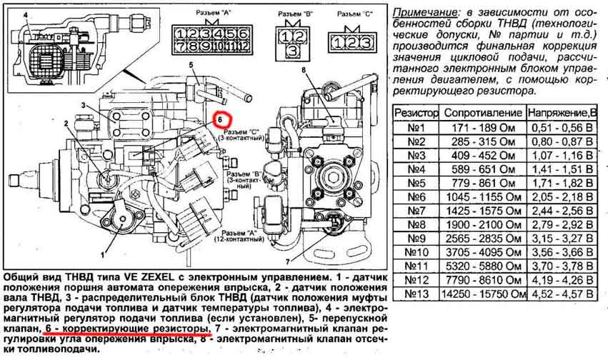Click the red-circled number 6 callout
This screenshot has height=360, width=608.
[221, 119]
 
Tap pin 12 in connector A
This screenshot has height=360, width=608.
[243, 47]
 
